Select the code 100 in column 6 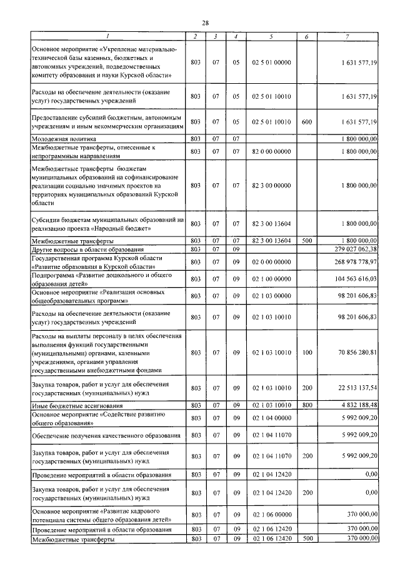point(306,353)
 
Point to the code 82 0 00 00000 point(271,151)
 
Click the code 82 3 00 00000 point(271,186)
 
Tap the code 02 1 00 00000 point(271,279)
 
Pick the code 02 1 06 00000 point(271,515)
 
